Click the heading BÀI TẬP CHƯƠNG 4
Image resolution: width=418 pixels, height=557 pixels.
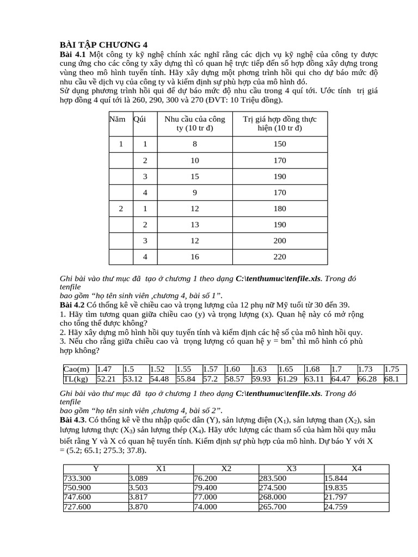coord(103,45)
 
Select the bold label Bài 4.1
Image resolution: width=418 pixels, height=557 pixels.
coord(72,55)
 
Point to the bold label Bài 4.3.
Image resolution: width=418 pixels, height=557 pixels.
coord(73,421)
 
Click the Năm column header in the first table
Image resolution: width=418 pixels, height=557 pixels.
coord(117,119)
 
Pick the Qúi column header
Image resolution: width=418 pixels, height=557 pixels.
coord(140,119)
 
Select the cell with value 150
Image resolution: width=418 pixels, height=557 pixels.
coord(280,144)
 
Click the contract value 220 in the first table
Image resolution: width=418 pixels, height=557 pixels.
coord(280,256)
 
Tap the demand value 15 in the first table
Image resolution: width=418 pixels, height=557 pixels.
coord(194,176)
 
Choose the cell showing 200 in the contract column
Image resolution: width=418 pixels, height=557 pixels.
coord(280,240)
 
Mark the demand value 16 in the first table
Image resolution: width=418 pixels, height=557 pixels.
coord(194,256)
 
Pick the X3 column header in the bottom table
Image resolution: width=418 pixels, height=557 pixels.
coord(291,469)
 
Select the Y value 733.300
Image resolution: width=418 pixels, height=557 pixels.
coord(78,478)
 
